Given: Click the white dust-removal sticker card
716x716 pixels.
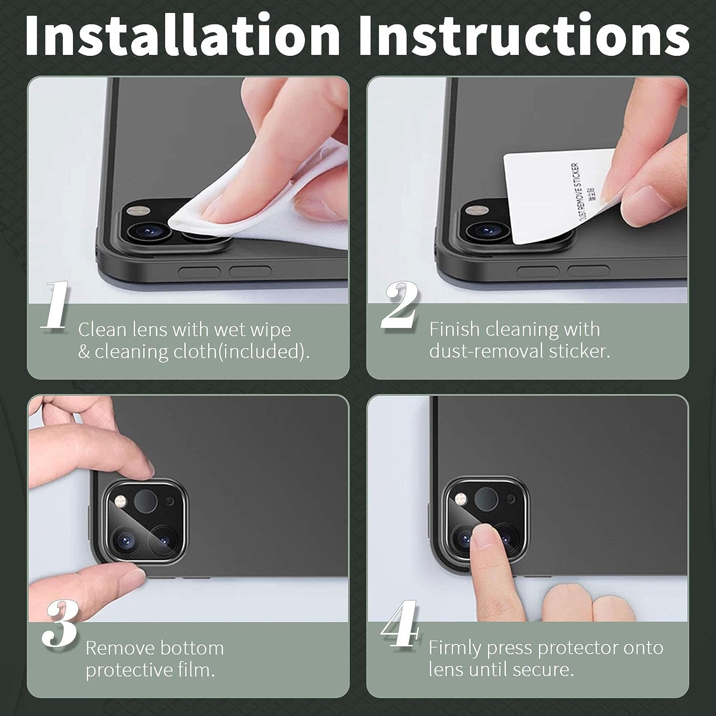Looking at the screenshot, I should [x=558, y=196].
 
